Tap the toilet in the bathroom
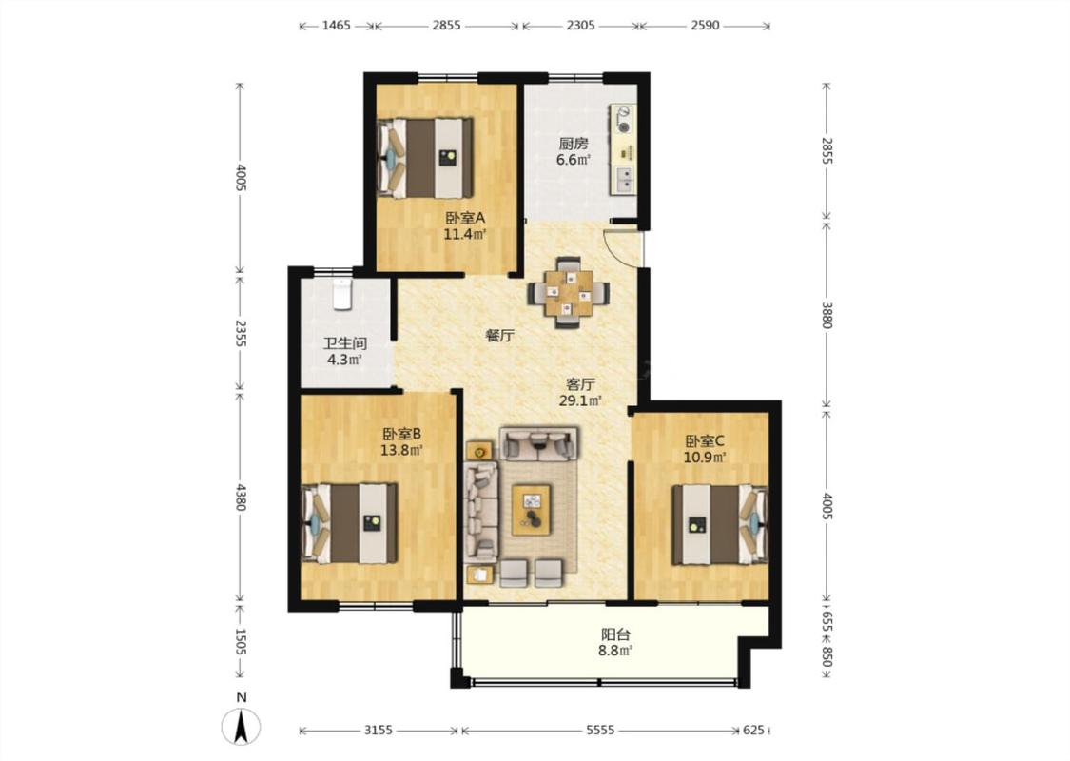point(341,294)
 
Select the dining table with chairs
point(568,293)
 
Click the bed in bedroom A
point(425,158)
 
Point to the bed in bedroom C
point(720,524)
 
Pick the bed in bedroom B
point(349,523)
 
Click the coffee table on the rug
point(532,509)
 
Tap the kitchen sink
point(625,179)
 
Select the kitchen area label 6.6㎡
point(574,161)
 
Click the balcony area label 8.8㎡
point(615,651)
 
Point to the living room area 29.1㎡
point(580,400)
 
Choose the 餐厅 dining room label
point(499,336)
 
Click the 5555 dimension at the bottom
point(600,731)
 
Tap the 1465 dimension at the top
point(337,26)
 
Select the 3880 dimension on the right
point(827,315)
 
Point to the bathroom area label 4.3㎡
point(344,360)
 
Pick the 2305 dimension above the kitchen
point(581,26)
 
